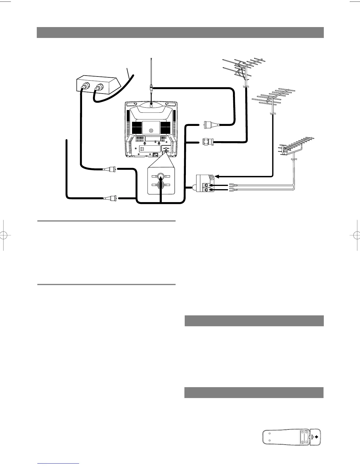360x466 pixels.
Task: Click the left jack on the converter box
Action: click(84, 87)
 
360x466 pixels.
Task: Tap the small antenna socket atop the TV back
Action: click(151, 106)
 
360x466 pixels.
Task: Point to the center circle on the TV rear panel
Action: click(151, 130)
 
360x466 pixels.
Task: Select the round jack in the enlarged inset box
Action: click(161, 177)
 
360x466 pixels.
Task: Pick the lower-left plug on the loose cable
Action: click(111, 198)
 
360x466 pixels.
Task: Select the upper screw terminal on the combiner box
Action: click(206, 185)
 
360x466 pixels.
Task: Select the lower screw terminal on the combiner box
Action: click(206, 190)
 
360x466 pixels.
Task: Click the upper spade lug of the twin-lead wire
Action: click(231, 185)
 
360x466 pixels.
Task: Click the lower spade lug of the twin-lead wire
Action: click(231, 190)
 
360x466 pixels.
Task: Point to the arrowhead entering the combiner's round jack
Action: click(216, 177)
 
